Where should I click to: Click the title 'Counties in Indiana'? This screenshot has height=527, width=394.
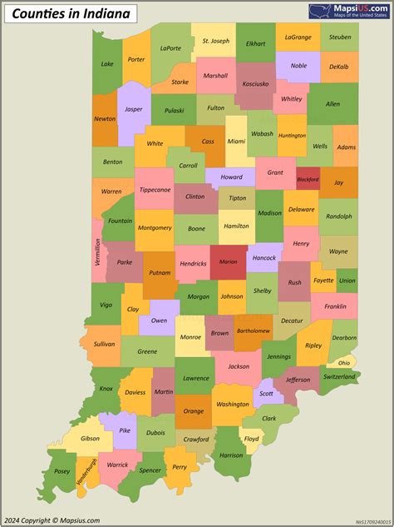(59, 14)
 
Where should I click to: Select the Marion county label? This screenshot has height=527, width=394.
(228, 261)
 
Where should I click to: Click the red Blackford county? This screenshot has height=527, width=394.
(308, 179)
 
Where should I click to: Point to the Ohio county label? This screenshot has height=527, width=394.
(343, 362)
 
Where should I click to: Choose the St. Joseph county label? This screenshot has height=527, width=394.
(215, 41)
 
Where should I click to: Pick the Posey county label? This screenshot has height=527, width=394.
(62, 471)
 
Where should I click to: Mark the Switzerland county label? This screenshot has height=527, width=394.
(338, 377)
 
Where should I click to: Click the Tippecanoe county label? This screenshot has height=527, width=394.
(154, 189)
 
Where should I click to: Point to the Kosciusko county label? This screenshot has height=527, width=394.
(254, 84)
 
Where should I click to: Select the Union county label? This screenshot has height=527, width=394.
(347, 281)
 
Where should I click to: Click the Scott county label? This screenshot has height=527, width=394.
(266, 394)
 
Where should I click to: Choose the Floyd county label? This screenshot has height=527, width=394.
(251, 438)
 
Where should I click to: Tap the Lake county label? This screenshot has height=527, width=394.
(107, 64)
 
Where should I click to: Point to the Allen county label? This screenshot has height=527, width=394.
(332, 104)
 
